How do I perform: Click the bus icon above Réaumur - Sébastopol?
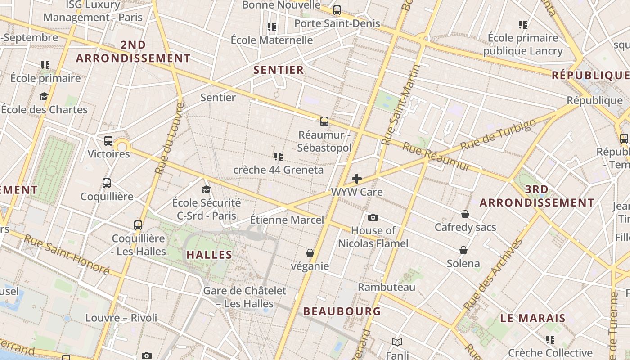324,121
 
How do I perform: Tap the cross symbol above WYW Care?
357,179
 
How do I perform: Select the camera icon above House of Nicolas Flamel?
373,218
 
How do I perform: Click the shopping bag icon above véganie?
310,253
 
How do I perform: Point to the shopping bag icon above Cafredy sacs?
465,214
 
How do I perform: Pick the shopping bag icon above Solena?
463,250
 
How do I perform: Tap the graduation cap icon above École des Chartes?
44,96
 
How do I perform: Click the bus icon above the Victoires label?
108,140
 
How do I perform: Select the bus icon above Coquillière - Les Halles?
138,225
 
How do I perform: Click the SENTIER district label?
279,70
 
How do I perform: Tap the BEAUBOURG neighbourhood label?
342,311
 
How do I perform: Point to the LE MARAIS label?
533,318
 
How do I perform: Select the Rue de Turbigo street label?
499,135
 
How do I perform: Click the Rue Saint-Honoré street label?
66,254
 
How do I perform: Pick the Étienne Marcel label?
287,220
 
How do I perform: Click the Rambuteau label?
387,287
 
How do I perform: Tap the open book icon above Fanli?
397,342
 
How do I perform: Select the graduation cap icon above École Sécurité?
207,189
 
